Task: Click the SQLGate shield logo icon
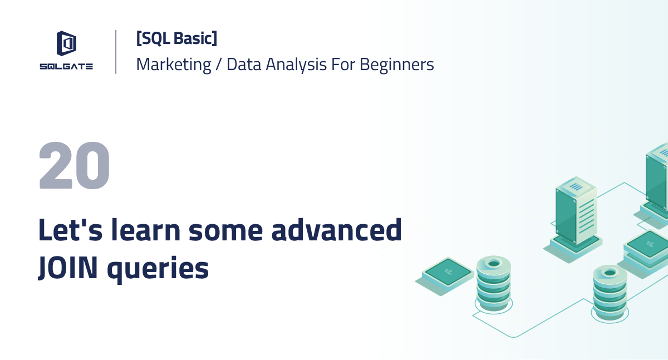pyautogui.click(x=66, y=44)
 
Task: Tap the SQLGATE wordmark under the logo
pyautogui.click(x=66, y=66)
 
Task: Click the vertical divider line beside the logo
pyautogui.click(x=116, y=52)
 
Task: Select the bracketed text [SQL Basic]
pyautogui.click(x=176, y=38)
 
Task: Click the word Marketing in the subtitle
pyautogui.click(x=174, y=65)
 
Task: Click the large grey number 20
pyautogui.click(x=75, y=165)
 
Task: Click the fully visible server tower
pyautogui.click(x=576, y=211)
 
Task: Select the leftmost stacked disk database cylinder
pyautogui.click(x=493, y=285)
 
